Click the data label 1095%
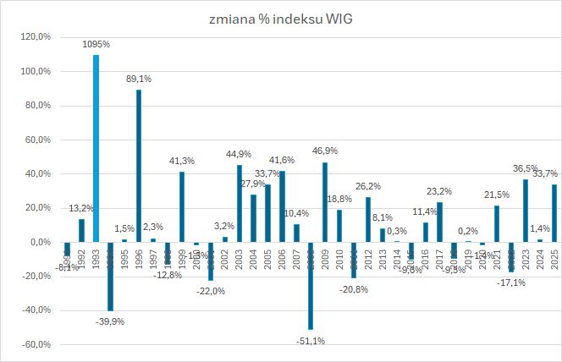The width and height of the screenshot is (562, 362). pyautogui.click(x=96, y=43)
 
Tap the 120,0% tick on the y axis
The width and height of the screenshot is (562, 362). pyautogui.click(x=36, y=37)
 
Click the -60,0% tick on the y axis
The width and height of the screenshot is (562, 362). pyautogui.click(x=36, y=345)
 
